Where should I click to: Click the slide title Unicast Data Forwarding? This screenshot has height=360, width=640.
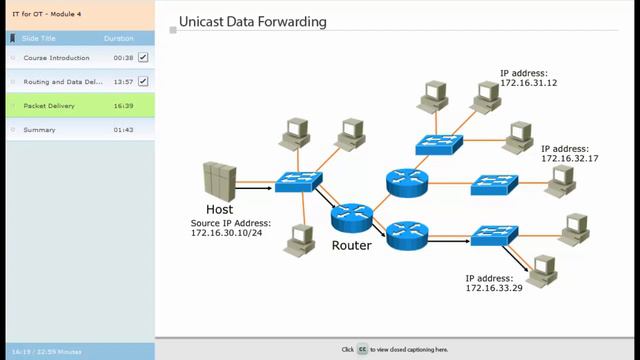point(251,21)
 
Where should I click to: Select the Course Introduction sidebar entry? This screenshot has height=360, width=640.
point(56,58)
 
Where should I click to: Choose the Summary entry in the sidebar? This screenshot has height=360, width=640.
point(39,129)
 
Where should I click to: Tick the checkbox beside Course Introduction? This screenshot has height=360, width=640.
point(143,58)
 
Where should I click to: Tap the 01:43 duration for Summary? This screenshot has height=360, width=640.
point(123,129)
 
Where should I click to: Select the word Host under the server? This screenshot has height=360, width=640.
point(219,210)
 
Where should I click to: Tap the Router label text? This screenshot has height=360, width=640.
point(351,244)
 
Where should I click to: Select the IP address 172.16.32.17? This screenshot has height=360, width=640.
point(570,158)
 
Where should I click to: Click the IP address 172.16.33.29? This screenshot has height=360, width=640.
point(494,288)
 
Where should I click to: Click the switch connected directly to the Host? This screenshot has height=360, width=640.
point(298,181)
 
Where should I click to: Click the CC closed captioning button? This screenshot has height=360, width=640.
point(362,350)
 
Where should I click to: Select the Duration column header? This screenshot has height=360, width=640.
point(118,38)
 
